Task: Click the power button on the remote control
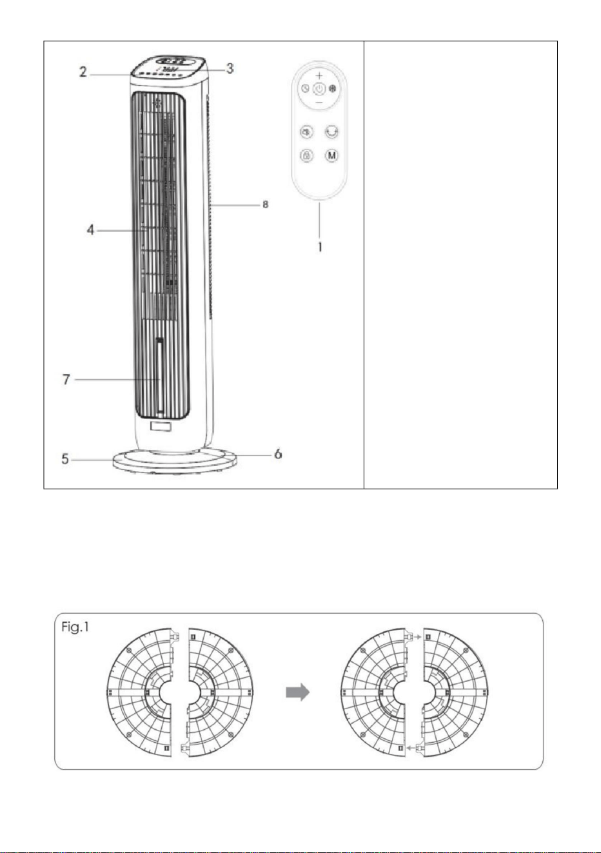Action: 319,89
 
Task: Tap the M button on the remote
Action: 331,155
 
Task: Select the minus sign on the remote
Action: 319,103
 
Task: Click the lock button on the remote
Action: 306,155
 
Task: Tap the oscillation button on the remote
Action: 331,132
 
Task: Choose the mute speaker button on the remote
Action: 306,132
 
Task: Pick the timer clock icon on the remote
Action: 305,89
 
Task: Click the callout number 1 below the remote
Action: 320,247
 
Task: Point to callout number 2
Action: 83,72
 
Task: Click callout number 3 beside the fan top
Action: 230,68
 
